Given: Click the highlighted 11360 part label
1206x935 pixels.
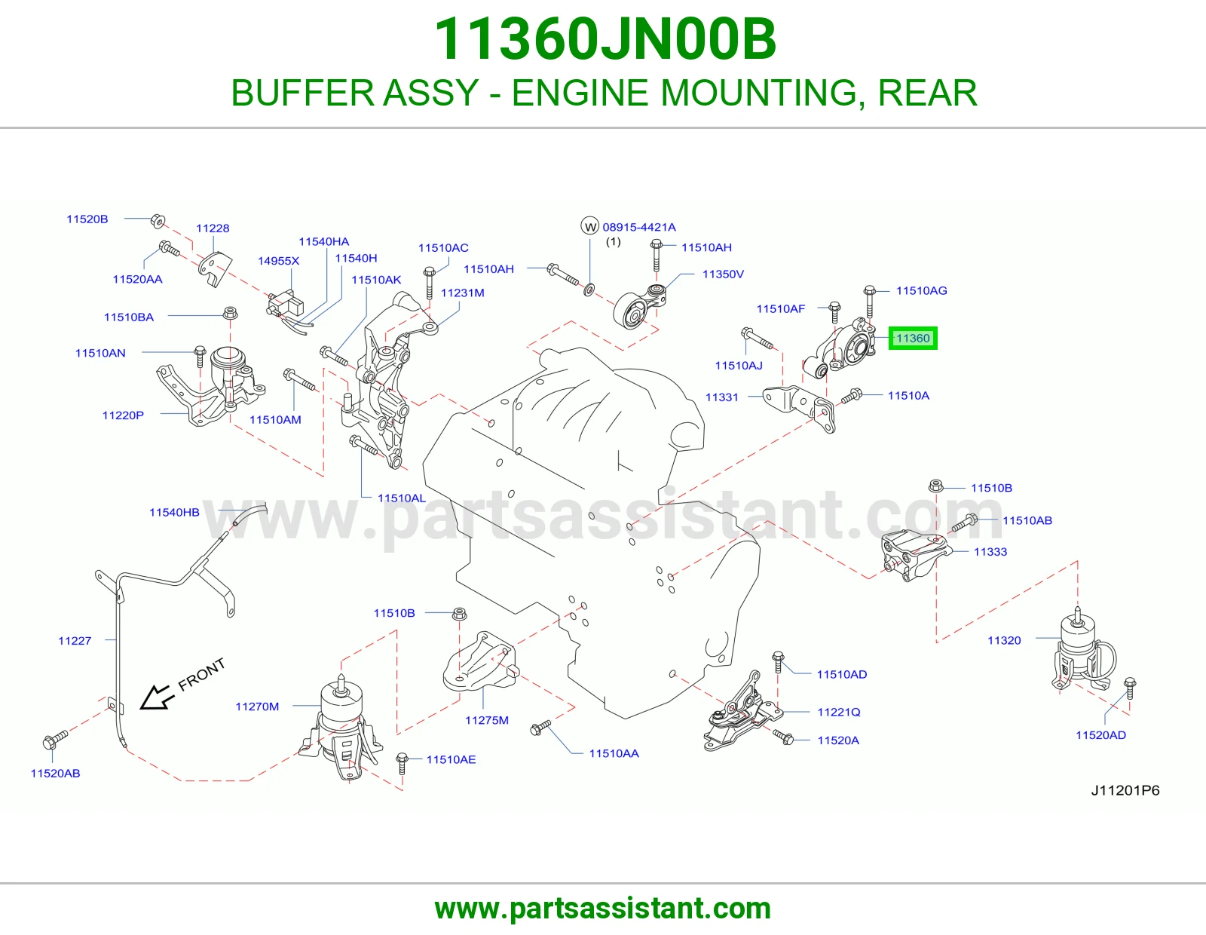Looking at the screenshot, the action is pos(912,338).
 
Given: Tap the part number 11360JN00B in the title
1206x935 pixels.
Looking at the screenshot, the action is pos(605,39).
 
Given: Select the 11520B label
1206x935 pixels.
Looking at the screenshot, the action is pos(87,219).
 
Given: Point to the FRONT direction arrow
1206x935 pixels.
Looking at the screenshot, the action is pos(158,697).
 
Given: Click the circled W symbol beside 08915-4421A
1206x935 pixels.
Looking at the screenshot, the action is pos(589,226).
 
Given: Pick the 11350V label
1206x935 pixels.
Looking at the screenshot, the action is pos(723,274).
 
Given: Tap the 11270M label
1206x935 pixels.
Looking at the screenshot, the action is pos(257,707).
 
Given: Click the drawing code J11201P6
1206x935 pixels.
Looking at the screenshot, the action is pos(1125,790).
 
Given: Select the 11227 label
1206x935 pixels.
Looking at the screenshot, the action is pos(75,641).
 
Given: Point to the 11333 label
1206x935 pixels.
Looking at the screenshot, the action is pos(990,551).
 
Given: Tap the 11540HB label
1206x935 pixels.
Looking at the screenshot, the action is pos(174,512).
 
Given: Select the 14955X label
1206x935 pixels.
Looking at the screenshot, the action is pos(278,260).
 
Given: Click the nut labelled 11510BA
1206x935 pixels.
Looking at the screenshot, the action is pos(230,313).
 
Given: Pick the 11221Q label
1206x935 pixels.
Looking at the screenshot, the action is pos(839,712).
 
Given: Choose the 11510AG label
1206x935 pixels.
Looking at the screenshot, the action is pos(921,290).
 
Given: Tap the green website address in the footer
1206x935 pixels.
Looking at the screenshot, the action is pos(603,909).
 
